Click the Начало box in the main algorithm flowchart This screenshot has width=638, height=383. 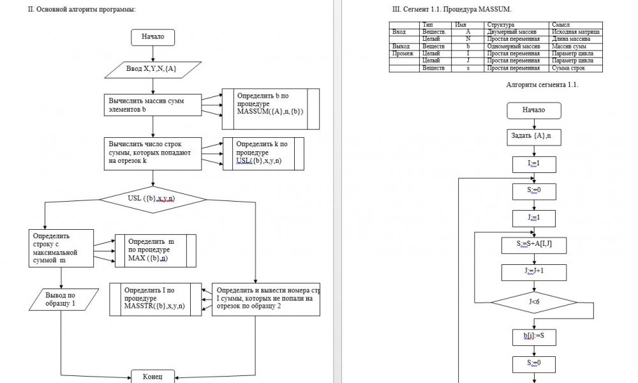(x=152, y=37)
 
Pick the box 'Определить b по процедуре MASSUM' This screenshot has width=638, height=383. (x=270, y=104)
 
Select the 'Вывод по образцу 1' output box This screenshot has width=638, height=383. (x=60, y=299)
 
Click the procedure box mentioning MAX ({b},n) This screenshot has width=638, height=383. (x=155, y=250)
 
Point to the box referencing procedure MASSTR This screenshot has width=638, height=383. (x=161, y=298)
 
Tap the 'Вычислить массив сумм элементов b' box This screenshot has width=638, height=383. (x=152, y=105)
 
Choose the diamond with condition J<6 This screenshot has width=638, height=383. (x=534, y=301)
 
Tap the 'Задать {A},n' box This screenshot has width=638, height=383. (x=533, y=136)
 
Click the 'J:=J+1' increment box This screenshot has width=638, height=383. (x=533, y=271)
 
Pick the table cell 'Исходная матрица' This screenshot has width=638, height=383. (x=575, y=31)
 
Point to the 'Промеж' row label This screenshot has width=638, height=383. (x=403, y=54)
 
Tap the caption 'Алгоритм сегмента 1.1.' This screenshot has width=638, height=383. (x=542, y=85)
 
